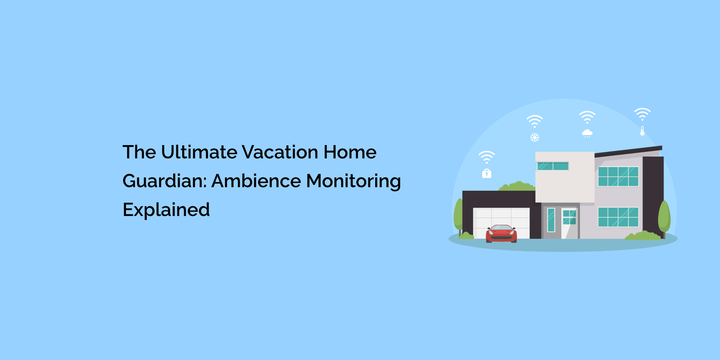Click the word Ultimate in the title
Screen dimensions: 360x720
pos(199,152)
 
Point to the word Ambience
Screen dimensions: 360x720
pos(256,181)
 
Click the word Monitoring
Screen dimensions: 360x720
pos(353,181)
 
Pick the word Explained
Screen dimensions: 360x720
pos(166,210)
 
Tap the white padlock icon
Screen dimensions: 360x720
pos(487,174)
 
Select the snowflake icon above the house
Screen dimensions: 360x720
pos(535,138)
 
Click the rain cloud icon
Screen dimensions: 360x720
pos(587,133)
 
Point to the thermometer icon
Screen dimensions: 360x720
pos(642,131)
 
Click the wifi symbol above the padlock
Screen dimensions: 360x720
pos(487,157)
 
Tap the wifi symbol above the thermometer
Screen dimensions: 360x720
pos(642,114)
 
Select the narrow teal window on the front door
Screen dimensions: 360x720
pos(551,220)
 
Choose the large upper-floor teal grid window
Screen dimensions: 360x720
pos(618,176)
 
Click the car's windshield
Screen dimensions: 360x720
pos(501,228)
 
